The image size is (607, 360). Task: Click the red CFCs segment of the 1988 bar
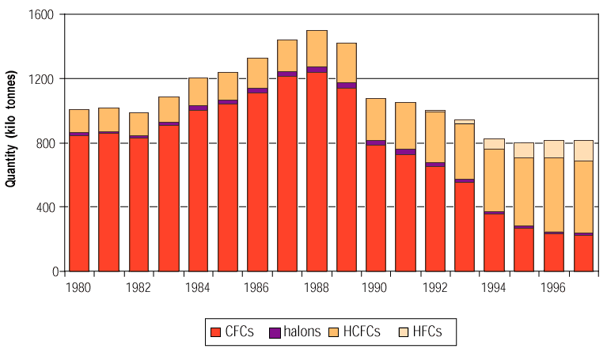click(317, 171)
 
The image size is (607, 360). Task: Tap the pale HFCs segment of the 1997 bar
click(583, 150)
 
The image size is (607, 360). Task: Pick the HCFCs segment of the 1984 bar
click(198, 91)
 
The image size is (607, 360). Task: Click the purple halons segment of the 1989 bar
click(346, 85)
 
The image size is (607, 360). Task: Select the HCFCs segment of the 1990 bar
click(376, 119)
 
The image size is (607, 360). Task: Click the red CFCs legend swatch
click(215, 332)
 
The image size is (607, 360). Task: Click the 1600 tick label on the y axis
click(41, 15)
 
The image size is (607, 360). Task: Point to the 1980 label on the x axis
click(79, 286)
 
